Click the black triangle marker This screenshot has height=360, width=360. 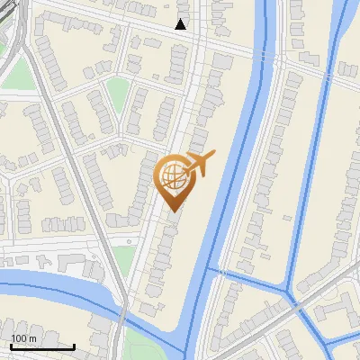181,24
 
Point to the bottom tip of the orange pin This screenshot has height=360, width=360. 174,212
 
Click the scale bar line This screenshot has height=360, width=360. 42,346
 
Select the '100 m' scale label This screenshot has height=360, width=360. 23,338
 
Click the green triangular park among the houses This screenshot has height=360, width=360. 118,91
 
